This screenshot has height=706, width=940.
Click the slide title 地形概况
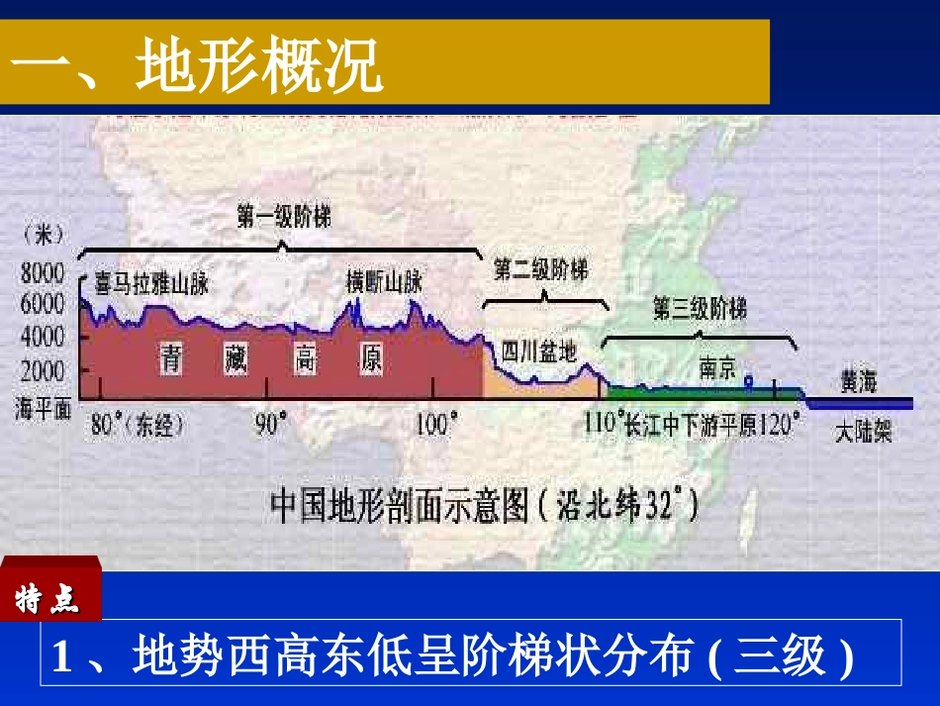tap(198, 67)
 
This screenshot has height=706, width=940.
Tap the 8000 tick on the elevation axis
tap(43, 273)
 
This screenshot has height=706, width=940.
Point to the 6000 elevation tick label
tap(43, 305)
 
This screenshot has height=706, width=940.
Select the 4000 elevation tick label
tap(43, 337)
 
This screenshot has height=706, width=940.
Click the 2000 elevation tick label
tap(43, 370)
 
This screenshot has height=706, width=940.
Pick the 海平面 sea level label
tap(43, 406)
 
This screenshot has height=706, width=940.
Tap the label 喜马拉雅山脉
tap(151, 284)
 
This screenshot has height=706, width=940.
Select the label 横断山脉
tap(385, 281)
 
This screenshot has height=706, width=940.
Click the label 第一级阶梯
tap(283, 218)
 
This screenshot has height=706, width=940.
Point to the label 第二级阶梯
tap(540, 269)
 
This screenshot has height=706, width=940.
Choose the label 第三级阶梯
tap(700, 309)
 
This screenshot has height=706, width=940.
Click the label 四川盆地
tap(538, 351)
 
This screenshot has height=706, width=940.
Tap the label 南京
tap(717, 368)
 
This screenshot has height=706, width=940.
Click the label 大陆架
tap(863, 433)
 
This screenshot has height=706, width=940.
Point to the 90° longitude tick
tap(270, 425)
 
